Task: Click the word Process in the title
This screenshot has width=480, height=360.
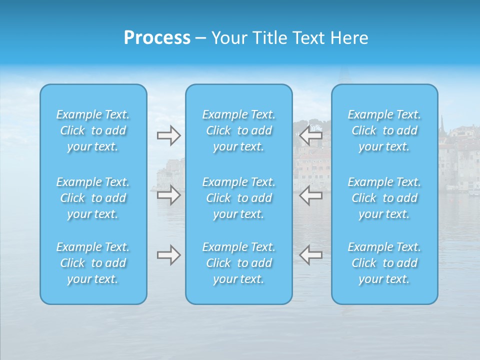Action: click(x=157, y=38)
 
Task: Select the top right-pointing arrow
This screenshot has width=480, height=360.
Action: click(x=168, y=135)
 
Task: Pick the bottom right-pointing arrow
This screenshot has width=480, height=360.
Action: click(x=168, y=255)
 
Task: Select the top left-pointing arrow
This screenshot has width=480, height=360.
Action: click(x=311, y=135)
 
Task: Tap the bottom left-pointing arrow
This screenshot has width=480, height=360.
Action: click(x=311, y=255)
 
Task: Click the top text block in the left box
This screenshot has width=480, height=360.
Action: click(x=93, y=130)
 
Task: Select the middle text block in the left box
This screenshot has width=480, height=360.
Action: click(x=93, y=198)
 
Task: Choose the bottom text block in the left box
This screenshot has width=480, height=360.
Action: click(x=93, y=263)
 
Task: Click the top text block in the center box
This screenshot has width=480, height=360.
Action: click(x=239, y=130)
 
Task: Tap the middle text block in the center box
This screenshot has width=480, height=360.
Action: click(x=239, y=198)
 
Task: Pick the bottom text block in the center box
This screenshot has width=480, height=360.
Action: click(x=239, y=263)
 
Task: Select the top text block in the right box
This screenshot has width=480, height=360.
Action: click(x=384, y=130)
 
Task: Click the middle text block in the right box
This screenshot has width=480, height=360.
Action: click(x=384, y=198)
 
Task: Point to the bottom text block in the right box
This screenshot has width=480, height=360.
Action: click(x=384, y=263)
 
